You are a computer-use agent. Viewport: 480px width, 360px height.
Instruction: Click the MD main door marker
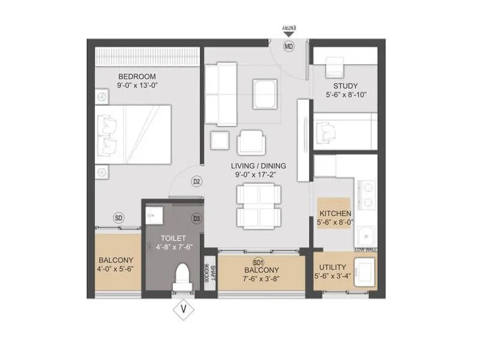[289, 46]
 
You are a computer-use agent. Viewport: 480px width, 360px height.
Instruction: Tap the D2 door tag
[196, 181]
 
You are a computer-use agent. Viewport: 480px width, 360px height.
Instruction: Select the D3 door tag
[196, 219]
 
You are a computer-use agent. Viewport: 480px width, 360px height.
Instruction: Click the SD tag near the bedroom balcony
[119, 218]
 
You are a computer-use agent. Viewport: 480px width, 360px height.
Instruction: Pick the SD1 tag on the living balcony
[259, 263]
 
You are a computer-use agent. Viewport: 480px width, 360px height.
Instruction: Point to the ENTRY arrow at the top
[289, 31]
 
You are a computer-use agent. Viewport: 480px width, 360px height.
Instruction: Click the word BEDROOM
[137, 77]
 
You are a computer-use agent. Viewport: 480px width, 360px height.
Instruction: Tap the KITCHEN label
[335, 214]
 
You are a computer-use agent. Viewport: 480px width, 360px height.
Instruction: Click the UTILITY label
[331, 268]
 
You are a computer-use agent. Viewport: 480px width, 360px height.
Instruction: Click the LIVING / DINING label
[260, 166]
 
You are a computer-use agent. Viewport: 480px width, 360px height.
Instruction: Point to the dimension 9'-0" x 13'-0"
[137, 86]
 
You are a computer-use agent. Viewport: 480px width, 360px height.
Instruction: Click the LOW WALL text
[365, 249]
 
